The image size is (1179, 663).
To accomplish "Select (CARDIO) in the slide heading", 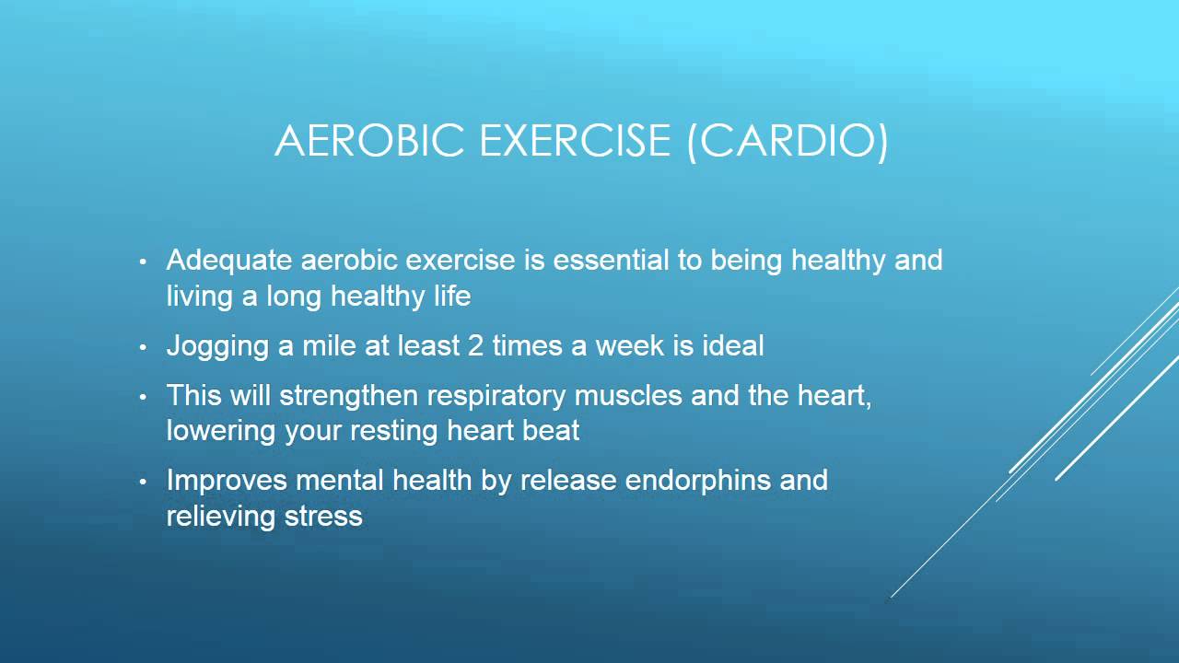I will pos(788,141).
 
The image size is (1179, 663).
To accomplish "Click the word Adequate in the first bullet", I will pos(229,261).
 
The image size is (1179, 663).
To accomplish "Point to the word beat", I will pos(551,430).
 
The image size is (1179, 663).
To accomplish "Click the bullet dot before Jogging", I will pos(143,349).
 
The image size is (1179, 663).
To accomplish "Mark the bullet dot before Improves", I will pos(143,483).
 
